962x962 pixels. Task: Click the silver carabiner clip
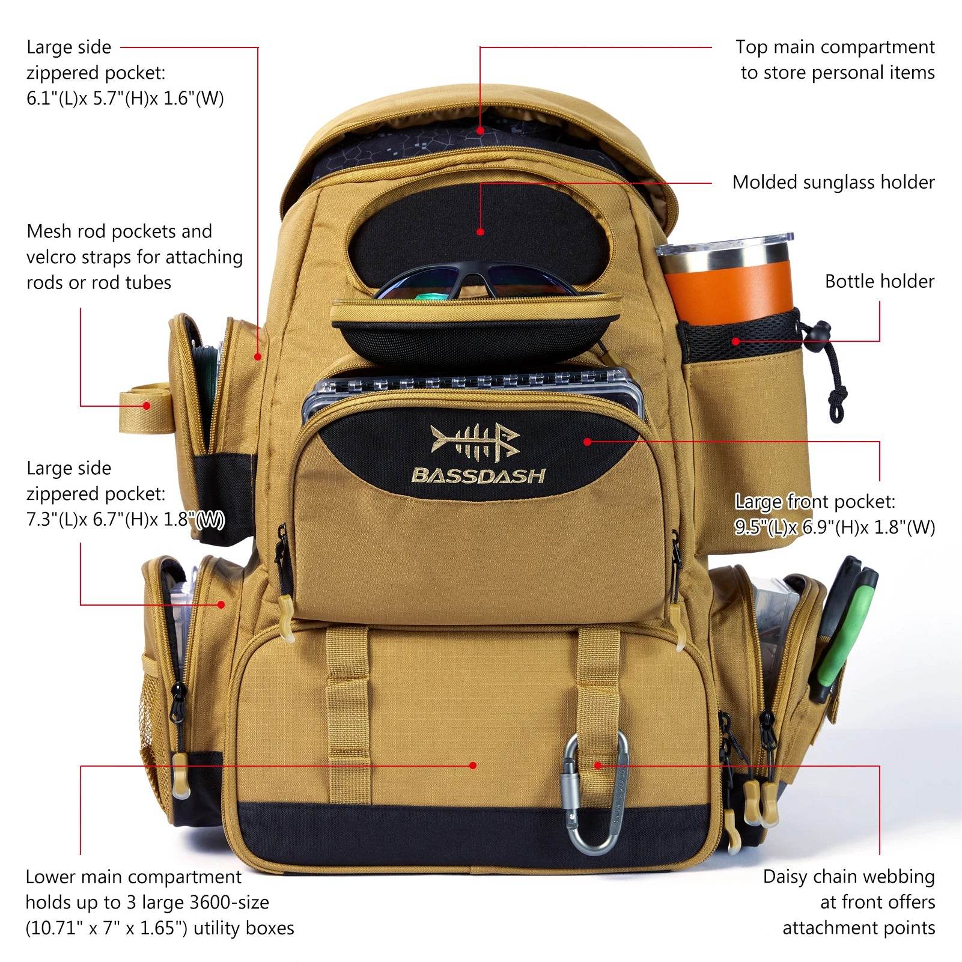[x=595, y=793]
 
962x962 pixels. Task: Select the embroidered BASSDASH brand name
[x=478, y=476]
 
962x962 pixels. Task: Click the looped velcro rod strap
[x=144, y=403]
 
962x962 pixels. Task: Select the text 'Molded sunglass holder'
[x=833, y=182]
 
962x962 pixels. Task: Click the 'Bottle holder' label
[x=879, y=281]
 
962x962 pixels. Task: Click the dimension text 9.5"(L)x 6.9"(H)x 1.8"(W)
[x=835, y=527]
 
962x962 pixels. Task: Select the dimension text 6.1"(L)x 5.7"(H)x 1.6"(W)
[x=125, y=98]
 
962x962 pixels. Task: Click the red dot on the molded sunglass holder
[x=480, y=231]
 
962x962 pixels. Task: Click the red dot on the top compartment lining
[x=480, y=130]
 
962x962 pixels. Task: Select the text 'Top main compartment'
[x=835, y=47]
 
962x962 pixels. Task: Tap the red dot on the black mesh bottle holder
[x=735, y=341]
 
